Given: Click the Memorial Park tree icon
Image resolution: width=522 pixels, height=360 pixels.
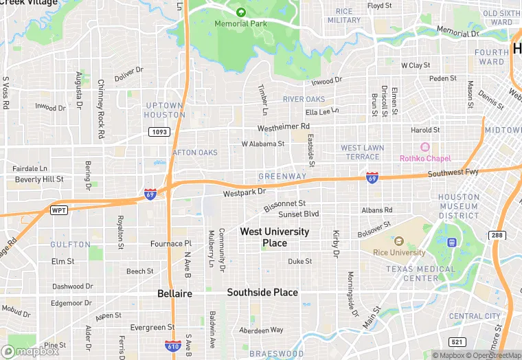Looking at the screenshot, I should point(240,12).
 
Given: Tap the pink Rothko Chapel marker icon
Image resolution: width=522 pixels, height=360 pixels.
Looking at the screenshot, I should point(424,147).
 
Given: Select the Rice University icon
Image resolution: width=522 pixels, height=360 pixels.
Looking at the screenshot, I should point(398,241).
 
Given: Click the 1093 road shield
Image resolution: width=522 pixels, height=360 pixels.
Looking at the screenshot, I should point(158,131).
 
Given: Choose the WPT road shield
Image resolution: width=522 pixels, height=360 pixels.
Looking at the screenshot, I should point(59,210).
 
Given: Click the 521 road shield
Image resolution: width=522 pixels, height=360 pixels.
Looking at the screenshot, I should point(457,341).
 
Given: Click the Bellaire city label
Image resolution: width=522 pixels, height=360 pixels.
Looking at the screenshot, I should point(174,293).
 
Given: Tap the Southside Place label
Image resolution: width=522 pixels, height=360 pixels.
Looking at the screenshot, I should point(262,293).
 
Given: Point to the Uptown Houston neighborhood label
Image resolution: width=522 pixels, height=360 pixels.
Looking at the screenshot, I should point(164,110).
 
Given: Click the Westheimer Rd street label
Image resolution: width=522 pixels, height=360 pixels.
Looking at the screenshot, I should point(284,128).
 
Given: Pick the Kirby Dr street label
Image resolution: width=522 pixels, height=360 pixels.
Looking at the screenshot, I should point(337,244).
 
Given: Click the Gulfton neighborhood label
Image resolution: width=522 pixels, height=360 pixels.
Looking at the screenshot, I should point(70,245).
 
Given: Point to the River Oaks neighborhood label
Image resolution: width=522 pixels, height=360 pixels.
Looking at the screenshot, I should point(304,100).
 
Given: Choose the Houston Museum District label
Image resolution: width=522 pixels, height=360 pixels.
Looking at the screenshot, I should point(459,206).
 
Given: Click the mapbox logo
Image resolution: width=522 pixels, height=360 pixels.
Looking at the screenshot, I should point(30,351).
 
